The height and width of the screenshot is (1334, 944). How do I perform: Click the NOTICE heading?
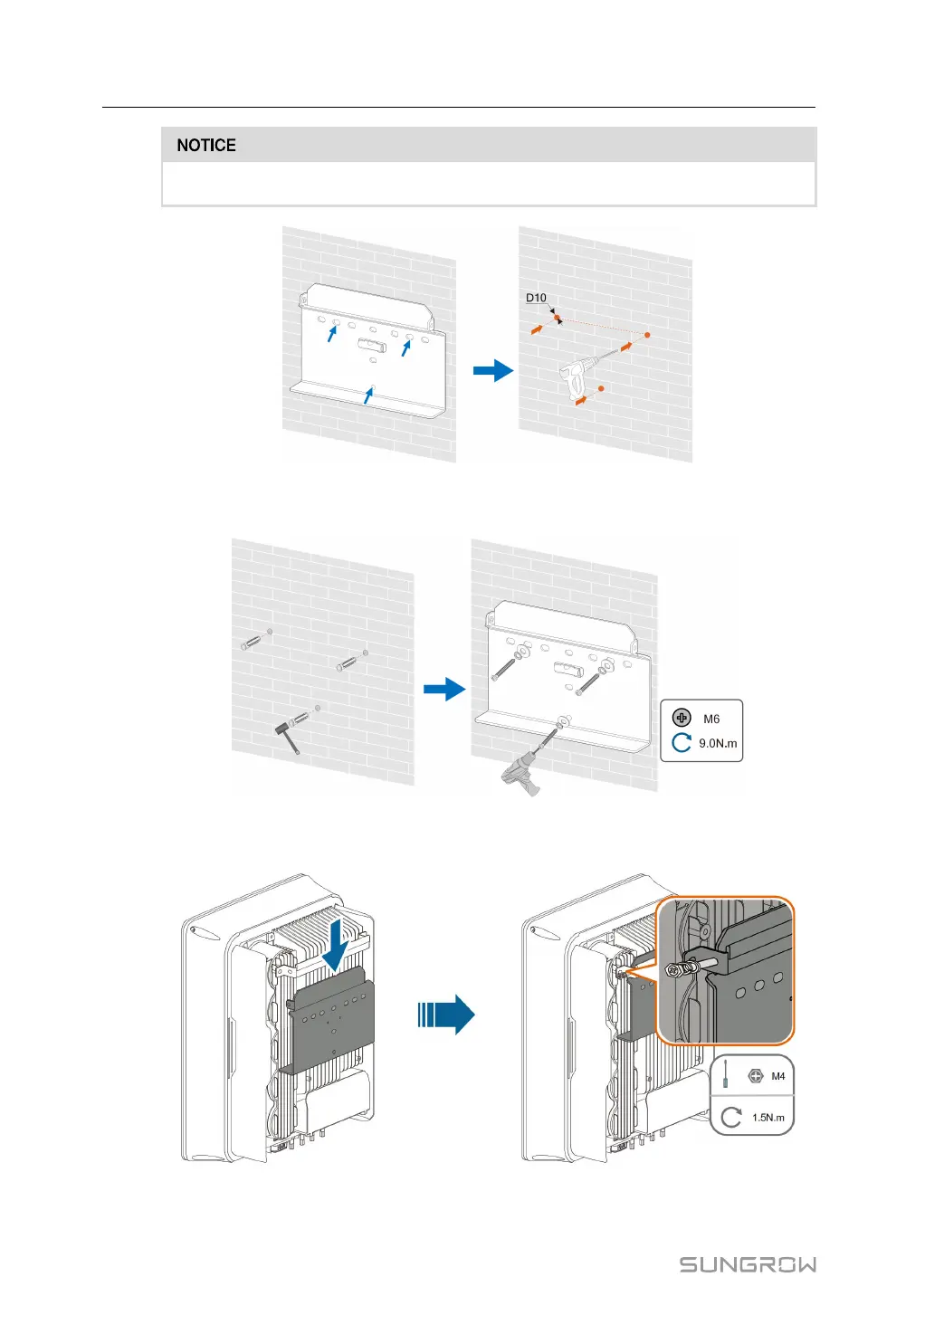[x=206, y=146]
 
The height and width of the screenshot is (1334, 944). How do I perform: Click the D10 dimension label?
[x=536, y=298]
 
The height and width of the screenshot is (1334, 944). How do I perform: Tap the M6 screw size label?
[x=711, y=719]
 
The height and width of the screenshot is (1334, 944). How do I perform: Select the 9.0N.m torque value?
[x=718, y=744]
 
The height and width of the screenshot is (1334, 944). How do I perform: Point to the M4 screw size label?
[x=777, y=1076]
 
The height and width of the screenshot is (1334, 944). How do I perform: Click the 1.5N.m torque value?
[x=768, y=1118]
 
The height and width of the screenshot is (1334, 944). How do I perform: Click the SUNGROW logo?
[x=748, y=1264]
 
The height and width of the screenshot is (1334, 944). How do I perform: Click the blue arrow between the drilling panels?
[x=493, y=370]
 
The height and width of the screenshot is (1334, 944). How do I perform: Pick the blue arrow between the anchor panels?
[x=444, y=690]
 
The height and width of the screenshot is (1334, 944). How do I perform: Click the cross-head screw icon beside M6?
[x=682, y=719]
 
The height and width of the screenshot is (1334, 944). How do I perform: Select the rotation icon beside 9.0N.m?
[x=682, y=743]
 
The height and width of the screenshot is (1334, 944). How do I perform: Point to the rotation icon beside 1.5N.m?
[x=731, y=1117]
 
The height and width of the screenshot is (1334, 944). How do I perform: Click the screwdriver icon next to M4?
[x=726, y=1076]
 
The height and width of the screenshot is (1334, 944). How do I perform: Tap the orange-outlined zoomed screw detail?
[x=724, y=970]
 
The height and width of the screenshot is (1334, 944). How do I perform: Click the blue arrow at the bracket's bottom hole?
[x=368, y=394]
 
